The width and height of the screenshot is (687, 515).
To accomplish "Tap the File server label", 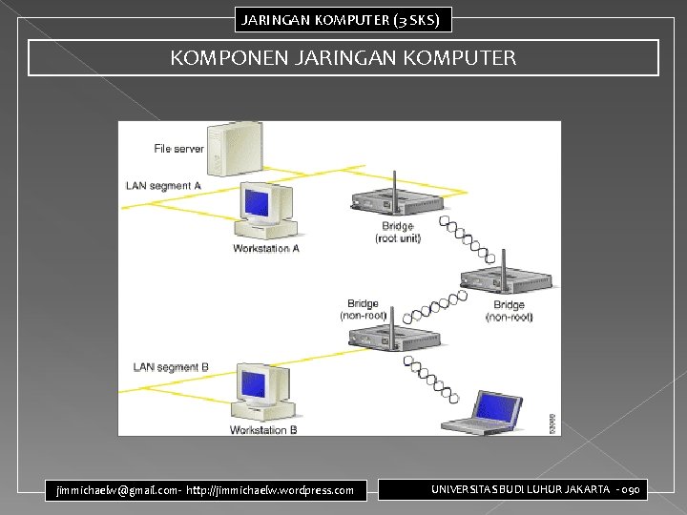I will pyautogui.click(x=178, y=149).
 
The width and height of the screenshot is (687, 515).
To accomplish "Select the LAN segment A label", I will pyautogui.click(x=163, y=185).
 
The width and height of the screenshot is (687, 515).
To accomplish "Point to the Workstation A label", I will pyautogui.click(x=266, y=249).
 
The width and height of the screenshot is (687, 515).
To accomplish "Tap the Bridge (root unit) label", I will pyautogui.click(x=398, y=232).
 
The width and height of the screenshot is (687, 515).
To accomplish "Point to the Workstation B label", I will pyautogui.click(x=263, y=430).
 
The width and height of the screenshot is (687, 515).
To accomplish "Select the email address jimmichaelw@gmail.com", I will pyautogui.click(x=112, y=490).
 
